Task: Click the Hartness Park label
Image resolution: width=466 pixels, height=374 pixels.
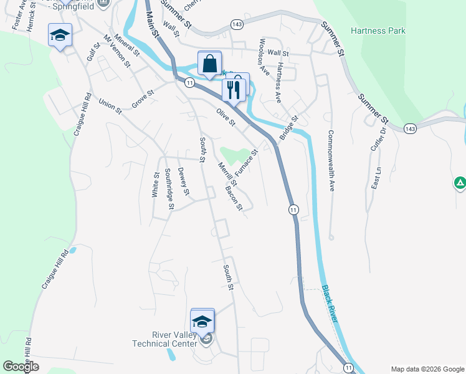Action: (x=378, y=31)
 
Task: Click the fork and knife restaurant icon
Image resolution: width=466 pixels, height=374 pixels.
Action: (x=233, y=90)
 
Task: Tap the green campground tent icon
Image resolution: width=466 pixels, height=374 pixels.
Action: (x=459, y=183)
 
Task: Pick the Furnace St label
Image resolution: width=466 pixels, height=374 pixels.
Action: (x=246, y=163)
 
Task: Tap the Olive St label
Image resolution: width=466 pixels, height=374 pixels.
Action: (x=225, y=117)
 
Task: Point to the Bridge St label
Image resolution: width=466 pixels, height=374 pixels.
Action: (x=289, y=127)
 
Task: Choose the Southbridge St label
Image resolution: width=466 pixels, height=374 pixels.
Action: (x=169, y=185)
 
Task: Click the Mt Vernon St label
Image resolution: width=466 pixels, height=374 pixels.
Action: (x=117, y=50)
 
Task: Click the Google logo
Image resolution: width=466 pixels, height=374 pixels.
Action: (x=21, y=367)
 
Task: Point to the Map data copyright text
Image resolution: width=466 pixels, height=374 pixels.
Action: (x=426, y=369)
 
